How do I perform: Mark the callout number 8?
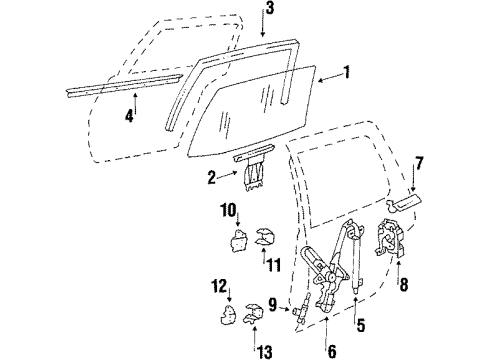(x=403, y=286)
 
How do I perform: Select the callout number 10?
(x=228, y=211)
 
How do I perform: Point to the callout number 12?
(x=218, y=289)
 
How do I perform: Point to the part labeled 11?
(x=266, y=238)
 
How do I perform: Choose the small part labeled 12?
(x=226, y=318)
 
